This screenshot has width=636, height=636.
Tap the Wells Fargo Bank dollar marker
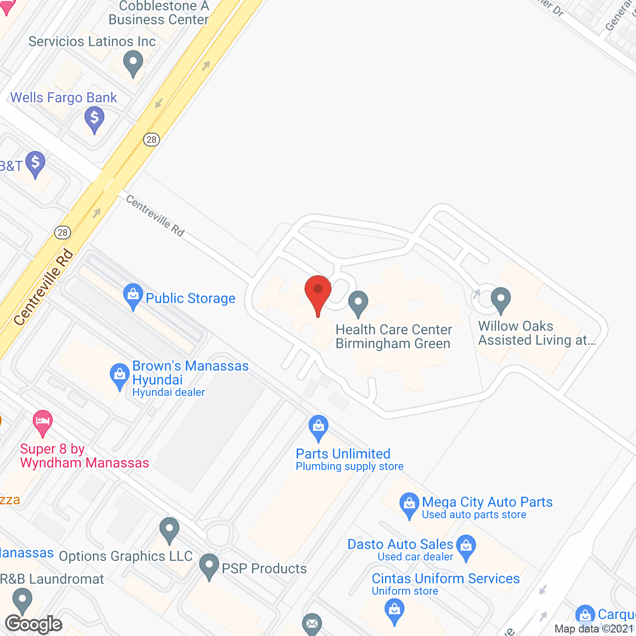(x=94, y=119)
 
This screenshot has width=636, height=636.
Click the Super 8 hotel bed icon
(x=43, y=422)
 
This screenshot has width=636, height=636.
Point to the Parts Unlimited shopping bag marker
(x=318, y=427)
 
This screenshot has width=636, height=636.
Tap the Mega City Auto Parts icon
(x=409, y=505)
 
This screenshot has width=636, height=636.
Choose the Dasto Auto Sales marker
(x=466, y=547)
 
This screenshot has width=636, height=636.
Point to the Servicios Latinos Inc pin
(x=133, y=64)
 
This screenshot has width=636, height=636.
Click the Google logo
(x=34, y=624)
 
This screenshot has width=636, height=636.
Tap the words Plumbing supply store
(x=350, y=467)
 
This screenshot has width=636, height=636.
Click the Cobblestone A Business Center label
(x=159, y=13)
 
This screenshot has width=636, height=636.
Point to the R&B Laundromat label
(x=52, y=579)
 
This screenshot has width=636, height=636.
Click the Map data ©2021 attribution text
(x=594, y=629)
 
